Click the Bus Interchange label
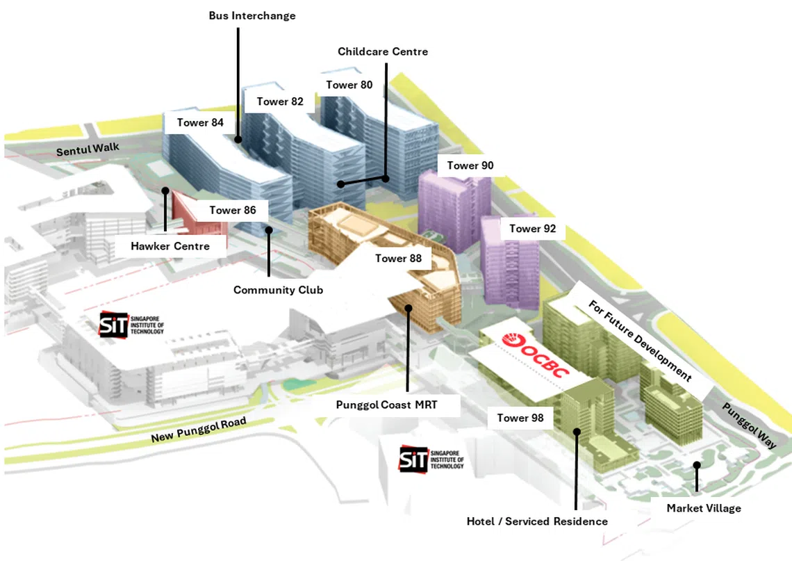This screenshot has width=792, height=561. (x=252, y=16)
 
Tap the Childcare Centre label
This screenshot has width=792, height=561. (x=383, y=51)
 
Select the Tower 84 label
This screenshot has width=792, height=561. (x=200, y=122)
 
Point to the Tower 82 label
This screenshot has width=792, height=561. (x=280, y=101)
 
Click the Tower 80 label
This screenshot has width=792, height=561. (x=349, y=85)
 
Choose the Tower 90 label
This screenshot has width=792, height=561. (x=470, y=165)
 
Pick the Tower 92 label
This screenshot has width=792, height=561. (x=532, y=229)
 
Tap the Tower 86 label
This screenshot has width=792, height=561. (x=233, y=210)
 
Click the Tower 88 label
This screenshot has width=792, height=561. (x=398, y=259)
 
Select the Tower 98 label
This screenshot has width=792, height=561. (x=520, y=418)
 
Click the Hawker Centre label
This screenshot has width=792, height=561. (x=170, y=246)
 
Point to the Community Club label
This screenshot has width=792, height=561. (x=279, y=290)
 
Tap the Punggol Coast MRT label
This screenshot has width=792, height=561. (x=386, y=405)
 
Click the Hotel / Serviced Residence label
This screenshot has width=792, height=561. (x=538, y=521)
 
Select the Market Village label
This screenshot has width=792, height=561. (x=704, y=508)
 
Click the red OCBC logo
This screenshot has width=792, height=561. (x=536, y=355)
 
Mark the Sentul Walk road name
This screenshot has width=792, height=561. (x=88, y=149)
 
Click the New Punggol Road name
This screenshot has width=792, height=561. (x=199, y=430)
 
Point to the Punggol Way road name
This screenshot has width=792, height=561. (x=749, y=425)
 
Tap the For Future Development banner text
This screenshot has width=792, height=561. (x=639, y=340)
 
